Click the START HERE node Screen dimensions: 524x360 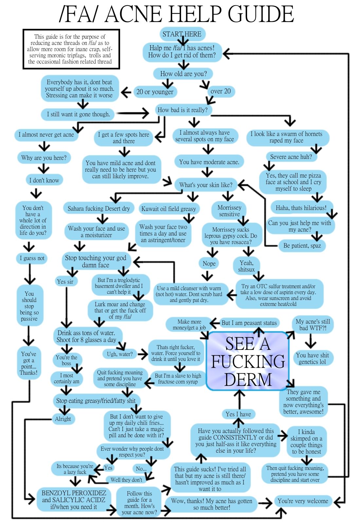point(182,34)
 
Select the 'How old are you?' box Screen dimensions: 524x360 point(183,74)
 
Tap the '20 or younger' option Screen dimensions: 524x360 point(155,92)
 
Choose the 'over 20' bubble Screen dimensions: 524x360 point(221,91)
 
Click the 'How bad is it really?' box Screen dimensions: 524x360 point(183,110)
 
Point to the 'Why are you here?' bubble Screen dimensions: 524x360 point(44,158)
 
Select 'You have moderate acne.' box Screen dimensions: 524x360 point(209,162)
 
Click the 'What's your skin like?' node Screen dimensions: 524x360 point(206,185)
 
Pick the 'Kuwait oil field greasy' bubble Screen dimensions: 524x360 point(169,209)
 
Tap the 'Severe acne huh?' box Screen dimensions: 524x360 point(291,157)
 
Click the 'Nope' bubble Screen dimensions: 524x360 point(209,264)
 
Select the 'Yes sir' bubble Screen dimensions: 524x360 point(65,282)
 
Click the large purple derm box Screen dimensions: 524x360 point(248,361)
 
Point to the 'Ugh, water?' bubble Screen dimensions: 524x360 point(120,354)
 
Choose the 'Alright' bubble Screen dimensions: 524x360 point(63,419)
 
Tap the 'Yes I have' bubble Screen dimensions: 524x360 point(238,414)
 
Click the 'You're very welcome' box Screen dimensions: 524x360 point(303,501)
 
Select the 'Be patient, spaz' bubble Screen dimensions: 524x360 point(302,246)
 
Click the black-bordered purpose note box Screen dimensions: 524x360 point(71,49)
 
